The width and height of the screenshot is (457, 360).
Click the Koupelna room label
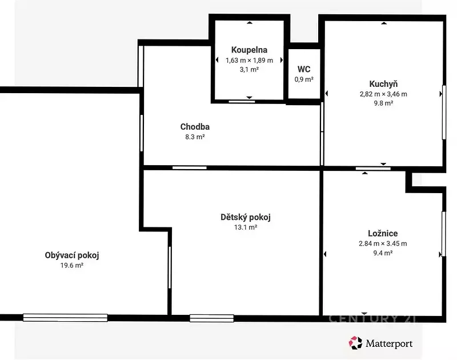click(249, 50)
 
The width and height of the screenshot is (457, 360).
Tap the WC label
click(304, 69)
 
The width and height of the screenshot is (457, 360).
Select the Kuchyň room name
click(383, 84)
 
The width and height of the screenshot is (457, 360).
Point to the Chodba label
click(195, 127)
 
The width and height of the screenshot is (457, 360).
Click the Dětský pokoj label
click(246, 217)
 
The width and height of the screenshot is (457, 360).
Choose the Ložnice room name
click(383, 233)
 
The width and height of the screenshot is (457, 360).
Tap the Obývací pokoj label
click(72, 255)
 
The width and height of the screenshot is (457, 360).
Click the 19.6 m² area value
click(72, 265)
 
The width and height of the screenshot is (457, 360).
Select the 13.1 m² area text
click(246, 227)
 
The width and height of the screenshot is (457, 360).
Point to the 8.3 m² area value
click(195, 137)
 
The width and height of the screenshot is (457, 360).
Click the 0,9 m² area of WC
click(304, 79)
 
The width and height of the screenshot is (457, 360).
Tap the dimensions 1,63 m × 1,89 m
click(249, 61)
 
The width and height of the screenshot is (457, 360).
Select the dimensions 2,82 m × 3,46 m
click(383, 94)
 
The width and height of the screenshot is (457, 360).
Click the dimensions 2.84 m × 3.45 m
click(383, 243)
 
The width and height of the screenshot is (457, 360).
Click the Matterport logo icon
click(355, 343)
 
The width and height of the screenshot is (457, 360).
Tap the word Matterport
click(389, 343)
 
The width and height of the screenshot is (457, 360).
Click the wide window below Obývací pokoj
click(65, 318)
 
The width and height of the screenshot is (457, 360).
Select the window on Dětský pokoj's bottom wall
click(211, 318)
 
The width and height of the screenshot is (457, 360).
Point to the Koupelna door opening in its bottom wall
click(242, 102)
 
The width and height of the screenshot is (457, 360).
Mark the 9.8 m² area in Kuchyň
click(383, 103)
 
